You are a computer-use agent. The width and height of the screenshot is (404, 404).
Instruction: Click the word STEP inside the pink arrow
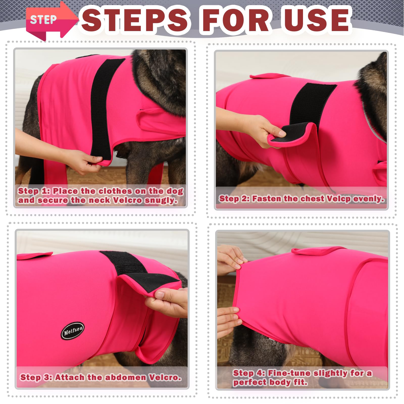tap(43, 20)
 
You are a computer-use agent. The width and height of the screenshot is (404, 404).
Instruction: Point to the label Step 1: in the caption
tap(34, 191)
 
